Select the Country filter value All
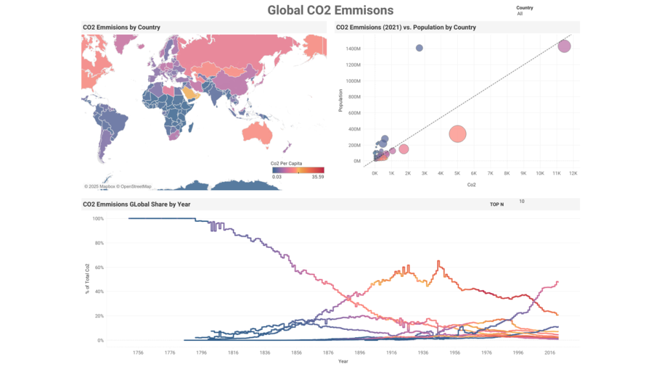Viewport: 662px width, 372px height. (x=520, y=14)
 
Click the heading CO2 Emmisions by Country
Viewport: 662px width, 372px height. (x=122, y=27)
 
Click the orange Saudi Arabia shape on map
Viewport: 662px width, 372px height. (x=189, y=94)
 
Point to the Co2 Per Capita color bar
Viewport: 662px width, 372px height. (x=297, y=170)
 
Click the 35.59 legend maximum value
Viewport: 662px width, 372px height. (x=317, y=177)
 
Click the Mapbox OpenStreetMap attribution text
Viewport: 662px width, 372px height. (x=118, y=186)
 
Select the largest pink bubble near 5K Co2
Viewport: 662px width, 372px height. (x=457, y=134)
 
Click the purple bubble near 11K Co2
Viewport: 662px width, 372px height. (x=564, y=47)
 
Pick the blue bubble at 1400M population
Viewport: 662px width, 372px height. (x=419, y=48)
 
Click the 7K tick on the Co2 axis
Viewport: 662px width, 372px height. (x=490, y=173)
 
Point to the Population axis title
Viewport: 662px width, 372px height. (x=340, y=105)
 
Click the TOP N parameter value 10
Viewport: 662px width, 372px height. (x=522, y=202)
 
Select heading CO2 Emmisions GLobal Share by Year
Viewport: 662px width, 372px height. (x=136, y=204)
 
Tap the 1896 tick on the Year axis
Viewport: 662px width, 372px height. (x=359, y=353)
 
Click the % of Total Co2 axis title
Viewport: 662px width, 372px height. (x=87, y=279)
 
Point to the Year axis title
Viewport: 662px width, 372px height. (x=343, y=362)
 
